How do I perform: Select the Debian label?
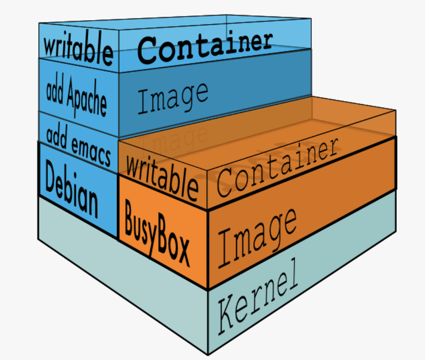(x=71, y=188)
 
